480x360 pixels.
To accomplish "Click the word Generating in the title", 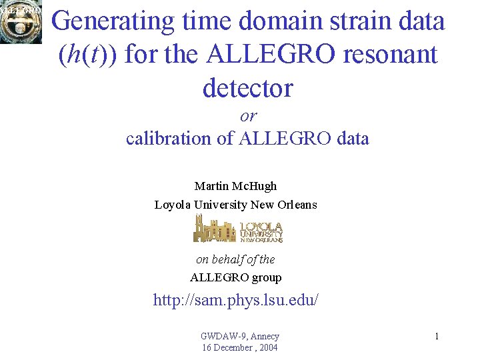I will [x=113, y=21].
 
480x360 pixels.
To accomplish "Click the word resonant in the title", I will [x=389, y=55].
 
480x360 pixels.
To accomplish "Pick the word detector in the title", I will [x=247, y=87].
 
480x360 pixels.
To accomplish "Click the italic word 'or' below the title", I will [x=248, y=116].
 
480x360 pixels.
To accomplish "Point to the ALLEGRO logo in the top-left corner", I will [x=21, y=21].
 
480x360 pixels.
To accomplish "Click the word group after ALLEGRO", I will [x=267, y=277].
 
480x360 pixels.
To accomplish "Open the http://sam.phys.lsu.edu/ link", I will [x=236, y=301].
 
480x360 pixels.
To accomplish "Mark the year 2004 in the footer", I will [x=267, y=347].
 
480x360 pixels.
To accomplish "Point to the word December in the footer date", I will [x=233, y=347].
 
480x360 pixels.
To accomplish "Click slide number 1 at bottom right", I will [x=437, y=337].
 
